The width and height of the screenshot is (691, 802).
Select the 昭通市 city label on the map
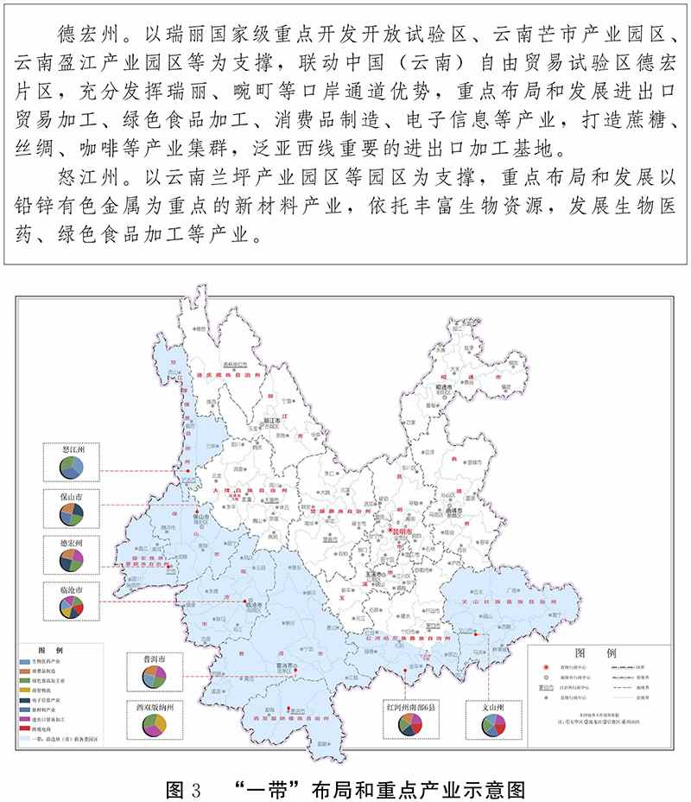click(x=446, y=390)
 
